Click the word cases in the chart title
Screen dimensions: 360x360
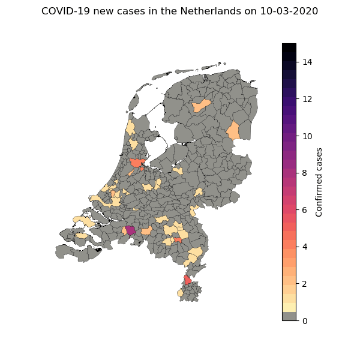pos(135,11)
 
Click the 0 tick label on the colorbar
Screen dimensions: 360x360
pos(305,320)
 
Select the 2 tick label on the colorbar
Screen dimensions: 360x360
pos(305,284)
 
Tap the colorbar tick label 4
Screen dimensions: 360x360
pos(305,247)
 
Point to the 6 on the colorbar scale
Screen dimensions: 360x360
pos(305,210)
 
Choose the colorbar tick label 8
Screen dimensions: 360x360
pos(305,173)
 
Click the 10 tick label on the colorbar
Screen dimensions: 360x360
pos(308,136)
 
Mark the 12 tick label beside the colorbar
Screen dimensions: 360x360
pos(308,99)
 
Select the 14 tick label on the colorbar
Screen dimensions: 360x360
pos(308,62)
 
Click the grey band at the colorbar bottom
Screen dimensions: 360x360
pos(289,316)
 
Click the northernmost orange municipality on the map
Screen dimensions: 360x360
pos(202,106)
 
